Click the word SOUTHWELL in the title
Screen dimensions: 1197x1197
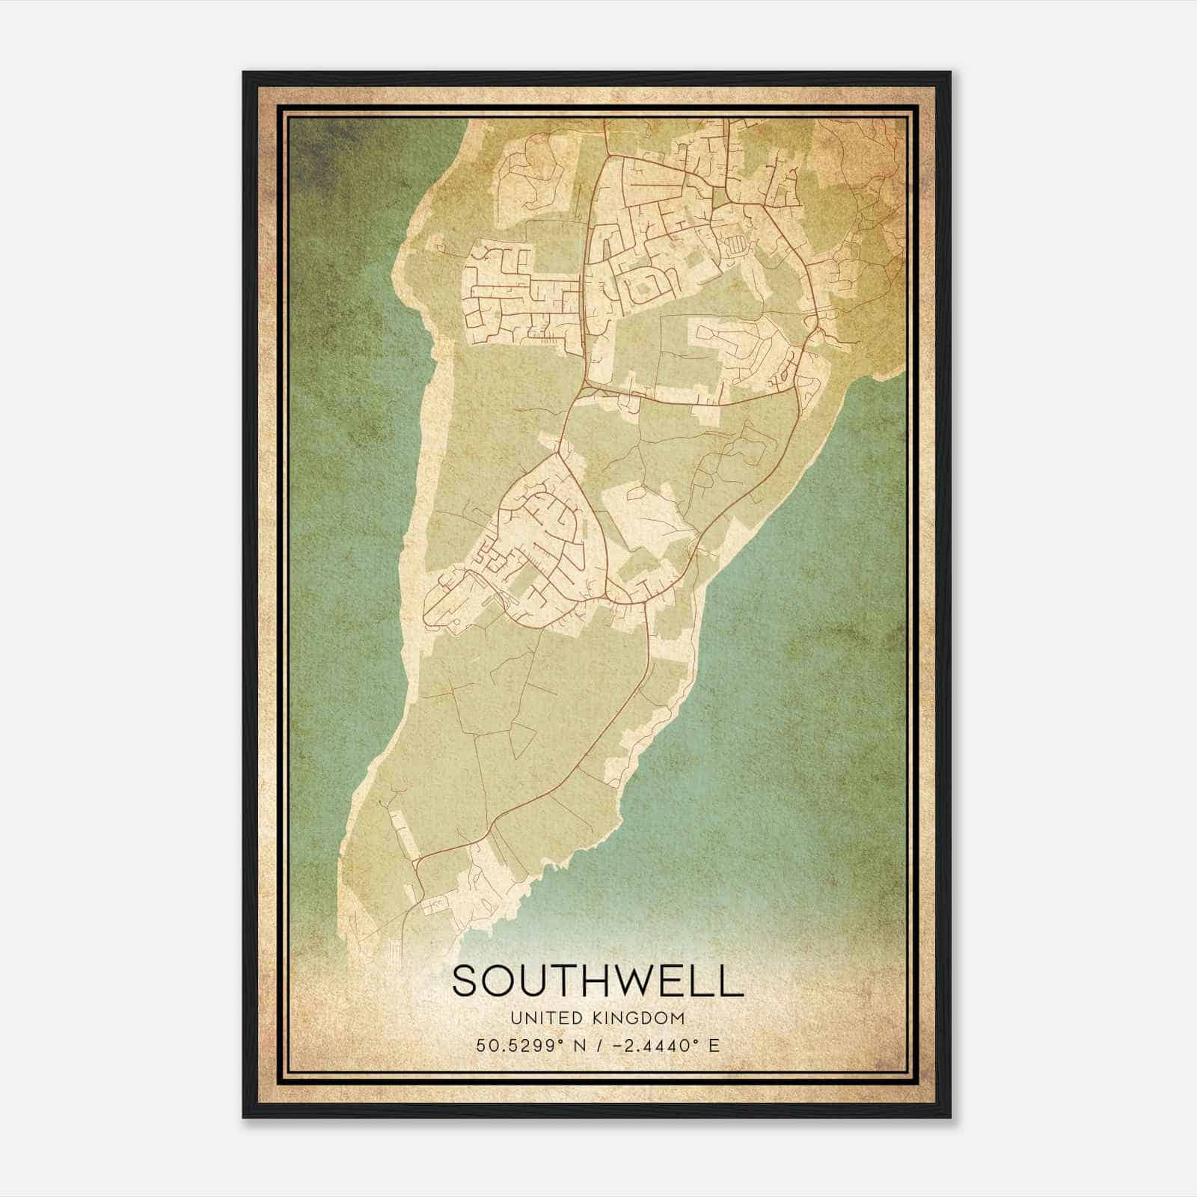click(x=597, y=981)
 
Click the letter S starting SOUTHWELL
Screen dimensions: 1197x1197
click(x=464, y=981)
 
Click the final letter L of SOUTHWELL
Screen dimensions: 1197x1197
click(x=732, y=981)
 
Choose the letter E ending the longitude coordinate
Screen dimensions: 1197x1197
click(x=714, y=1046)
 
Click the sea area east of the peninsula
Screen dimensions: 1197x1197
click(x=808, y=636)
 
